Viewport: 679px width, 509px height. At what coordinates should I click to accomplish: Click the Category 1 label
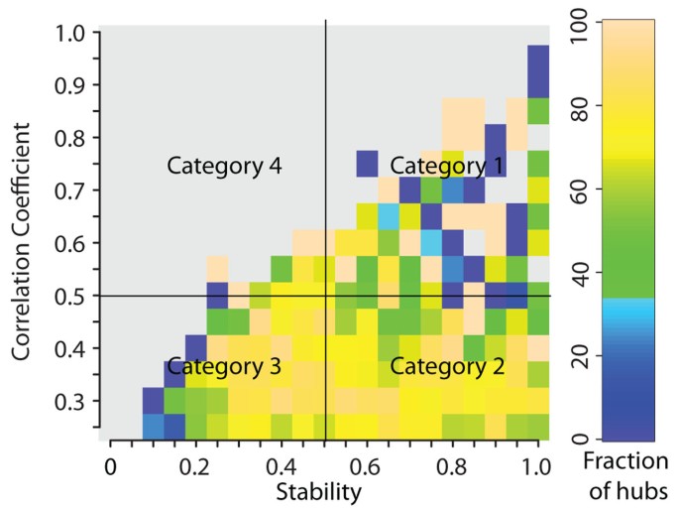[x=446, y=165]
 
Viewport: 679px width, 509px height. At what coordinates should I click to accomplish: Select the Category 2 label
[x=447, y=366]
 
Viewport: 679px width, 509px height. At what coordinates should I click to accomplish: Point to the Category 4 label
[x=225, y=166]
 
